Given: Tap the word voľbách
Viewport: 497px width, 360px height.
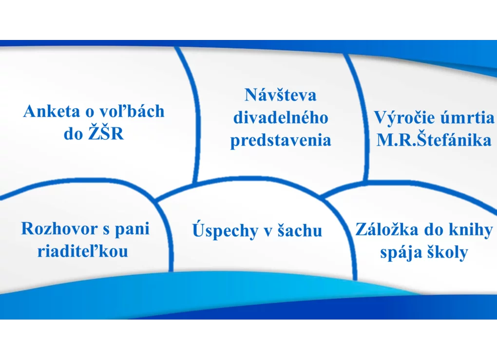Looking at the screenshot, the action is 132,111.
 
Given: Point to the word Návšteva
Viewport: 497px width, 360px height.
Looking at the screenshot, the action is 280,95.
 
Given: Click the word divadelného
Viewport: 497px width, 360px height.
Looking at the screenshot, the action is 281,117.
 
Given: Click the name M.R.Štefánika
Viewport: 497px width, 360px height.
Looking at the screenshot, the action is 434,139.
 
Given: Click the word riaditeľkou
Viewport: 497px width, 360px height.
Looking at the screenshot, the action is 83,251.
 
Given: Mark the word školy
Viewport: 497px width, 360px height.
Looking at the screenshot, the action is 447,252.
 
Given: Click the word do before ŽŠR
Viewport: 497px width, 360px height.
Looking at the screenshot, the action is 73,133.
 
